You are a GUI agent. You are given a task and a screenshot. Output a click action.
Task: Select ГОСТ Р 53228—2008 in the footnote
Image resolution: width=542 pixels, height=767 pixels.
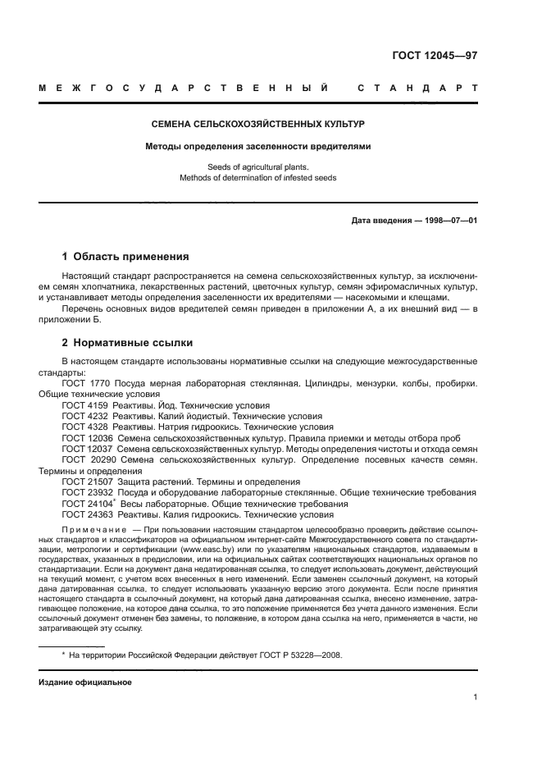[x=300, y=655]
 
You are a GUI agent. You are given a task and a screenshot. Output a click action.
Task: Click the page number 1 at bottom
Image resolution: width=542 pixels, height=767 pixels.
[x=475, y=697]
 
